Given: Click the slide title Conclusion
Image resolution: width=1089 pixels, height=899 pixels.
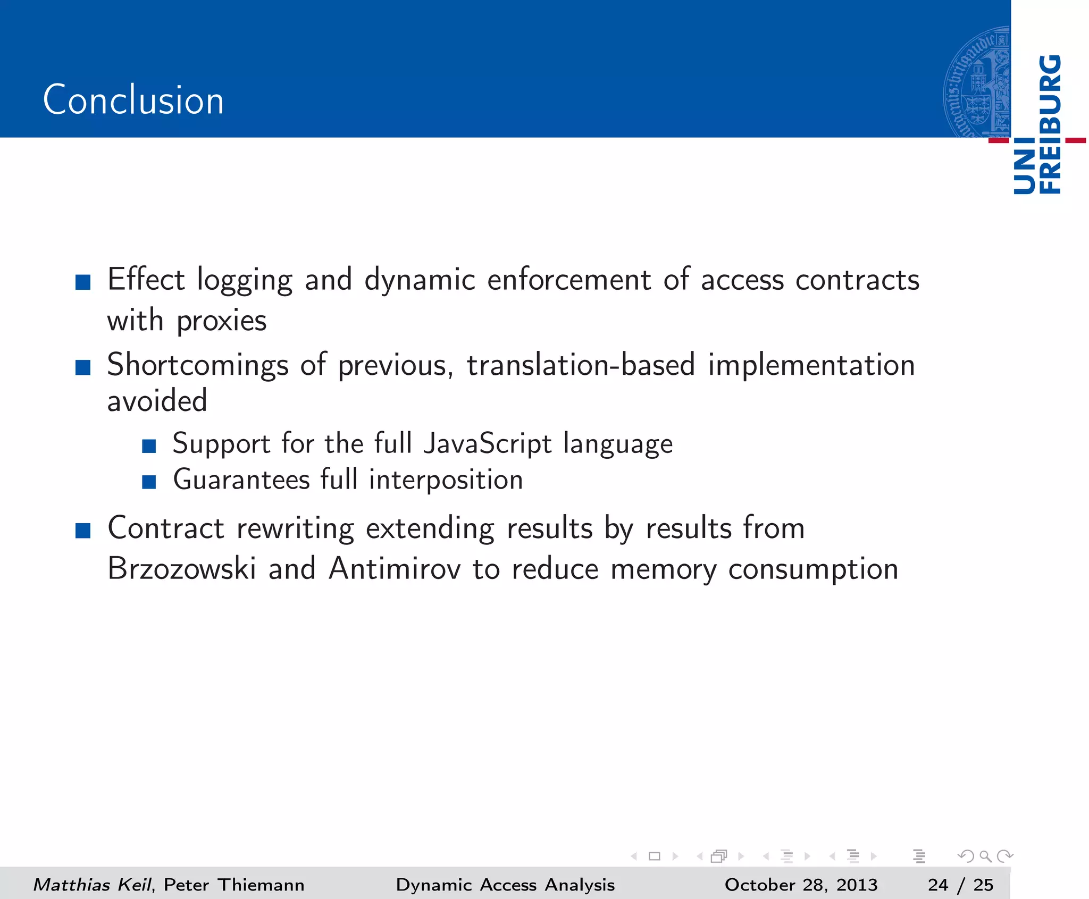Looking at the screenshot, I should point(133,100).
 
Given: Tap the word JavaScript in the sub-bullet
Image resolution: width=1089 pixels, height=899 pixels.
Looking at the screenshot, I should point(488,444).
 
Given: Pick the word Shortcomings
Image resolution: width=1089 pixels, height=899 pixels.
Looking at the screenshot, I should point(198,366).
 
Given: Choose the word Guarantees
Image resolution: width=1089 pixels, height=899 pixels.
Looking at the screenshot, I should point(241,480).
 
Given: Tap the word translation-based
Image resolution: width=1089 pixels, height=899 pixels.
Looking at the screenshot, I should point(581,366).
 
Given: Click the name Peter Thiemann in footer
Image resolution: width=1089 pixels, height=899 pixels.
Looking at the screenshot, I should point(234,885).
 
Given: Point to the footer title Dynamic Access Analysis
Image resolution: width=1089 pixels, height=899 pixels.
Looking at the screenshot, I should point(505,885).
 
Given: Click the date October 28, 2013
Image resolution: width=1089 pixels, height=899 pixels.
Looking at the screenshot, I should point(801,885).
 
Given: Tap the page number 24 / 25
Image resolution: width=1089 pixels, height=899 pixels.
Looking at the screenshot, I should point(960,885).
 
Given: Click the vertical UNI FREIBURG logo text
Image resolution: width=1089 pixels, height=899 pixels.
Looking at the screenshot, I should point(1037,125).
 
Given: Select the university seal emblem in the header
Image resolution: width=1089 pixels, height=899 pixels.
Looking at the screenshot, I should point(977,82).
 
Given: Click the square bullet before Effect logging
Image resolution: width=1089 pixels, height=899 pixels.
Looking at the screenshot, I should point(83,282).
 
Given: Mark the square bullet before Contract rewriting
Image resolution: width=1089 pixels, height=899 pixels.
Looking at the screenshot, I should point(83,531).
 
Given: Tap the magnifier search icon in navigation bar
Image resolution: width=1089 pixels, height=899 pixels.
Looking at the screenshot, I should point(985,856).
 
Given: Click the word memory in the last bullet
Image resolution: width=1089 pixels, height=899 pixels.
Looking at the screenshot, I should point(663,569).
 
